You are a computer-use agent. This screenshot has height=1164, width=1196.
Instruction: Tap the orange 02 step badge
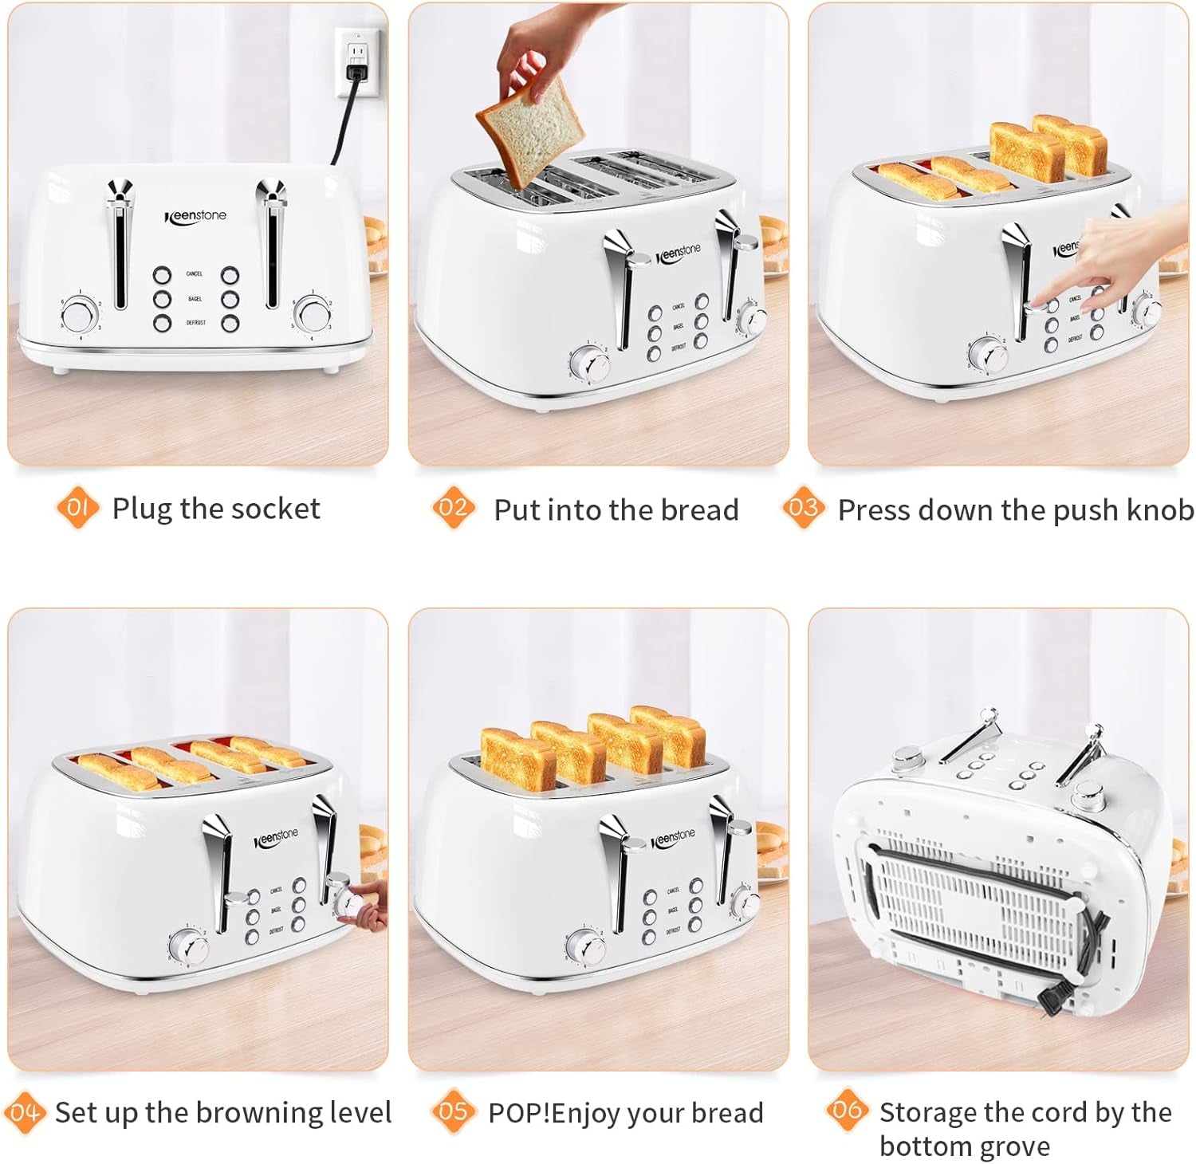point(453,508)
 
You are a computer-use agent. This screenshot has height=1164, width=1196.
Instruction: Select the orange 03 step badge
point(803,508)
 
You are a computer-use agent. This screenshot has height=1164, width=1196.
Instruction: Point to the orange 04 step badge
point(25,1111)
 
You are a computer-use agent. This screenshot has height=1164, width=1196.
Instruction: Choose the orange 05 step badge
point(453,1111)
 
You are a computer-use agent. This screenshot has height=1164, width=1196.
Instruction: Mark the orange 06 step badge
point(847,1110)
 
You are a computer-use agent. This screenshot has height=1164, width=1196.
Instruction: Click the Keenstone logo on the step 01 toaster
point(196,216)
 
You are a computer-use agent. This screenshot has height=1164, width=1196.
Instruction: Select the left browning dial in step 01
point(79,313)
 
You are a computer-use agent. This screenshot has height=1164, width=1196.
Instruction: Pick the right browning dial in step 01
point(312,313)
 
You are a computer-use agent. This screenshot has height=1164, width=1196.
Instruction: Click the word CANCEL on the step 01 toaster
point(195,273)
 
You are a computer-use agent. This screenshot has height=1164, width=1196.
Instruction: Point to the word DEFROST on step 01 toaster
point(196,323)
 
